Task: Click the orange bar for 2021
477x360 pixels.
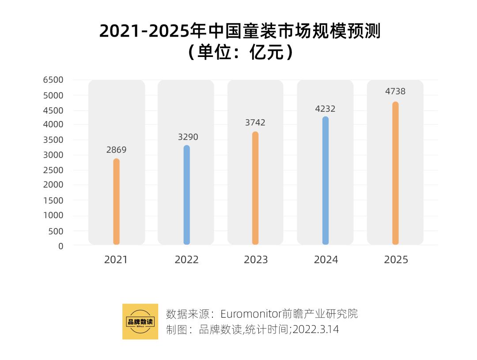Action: point(116,201)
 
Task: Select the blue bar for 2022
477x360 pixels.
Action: point(186,195)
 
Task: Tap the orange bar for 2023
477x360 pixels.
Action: point(255,188)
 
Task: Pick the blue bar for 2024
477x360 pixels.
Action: point(326,181)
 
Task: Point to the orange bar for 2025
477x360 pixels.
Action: point(395,173)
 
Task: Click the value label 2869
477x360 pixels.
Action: point(116,150)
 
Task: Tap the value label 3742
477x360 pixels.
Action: point(255,123)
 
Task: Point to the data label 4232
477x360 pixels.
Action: point(326,109)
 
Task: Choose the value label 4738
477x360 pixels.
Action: point(395,91)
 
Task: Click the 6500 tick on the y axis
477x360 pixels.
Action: point(53,80)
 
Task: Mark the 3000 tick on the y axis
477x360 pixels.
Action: point(53,155)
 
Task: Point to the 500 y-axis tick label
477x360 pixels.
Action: point(56,231)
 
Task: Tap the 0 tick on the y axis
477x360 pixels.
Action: point(61,246)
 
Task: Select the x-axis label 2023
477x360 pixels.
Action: point(256,259)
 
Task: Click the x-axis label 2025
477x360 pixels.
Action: point(396,259)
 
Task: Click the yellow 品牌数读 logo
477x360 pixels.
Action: point(140,322)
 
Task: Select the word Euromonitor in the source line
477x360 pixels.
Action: point(251,314)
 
